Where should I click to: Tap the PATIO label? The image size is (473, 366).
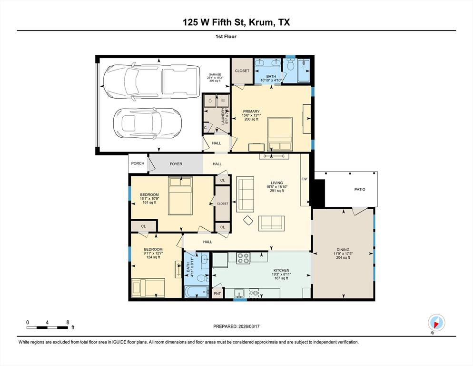click(360, 190)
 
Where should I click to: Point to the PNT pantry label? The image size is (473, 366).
click(217, 293)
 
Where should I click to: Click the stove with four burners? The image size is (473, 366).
click(243, 258)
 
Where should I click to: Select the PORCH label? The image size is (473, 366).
click(138, 163)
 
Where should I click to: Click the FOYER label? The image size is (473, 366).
click(176, 164)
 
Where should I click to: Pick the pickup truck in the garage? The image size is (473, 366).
click(150, 81)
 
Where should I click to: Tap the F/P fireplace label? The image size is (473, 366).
click(305, 180)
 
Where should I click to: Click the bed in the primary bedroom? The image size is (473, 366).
click(279, 134)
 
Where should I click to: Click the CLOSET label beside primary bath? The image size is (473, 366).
click(242, 71)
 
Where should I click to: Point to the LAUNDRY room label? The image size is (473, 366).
click(223, 116)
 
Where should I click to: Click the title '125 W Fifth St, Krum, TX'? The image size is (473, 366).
click(236, 22)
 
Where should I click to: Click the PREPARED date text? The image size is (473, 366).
click(236, 326)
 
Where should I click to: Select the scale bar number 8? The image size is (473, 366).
click(67, 322)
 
